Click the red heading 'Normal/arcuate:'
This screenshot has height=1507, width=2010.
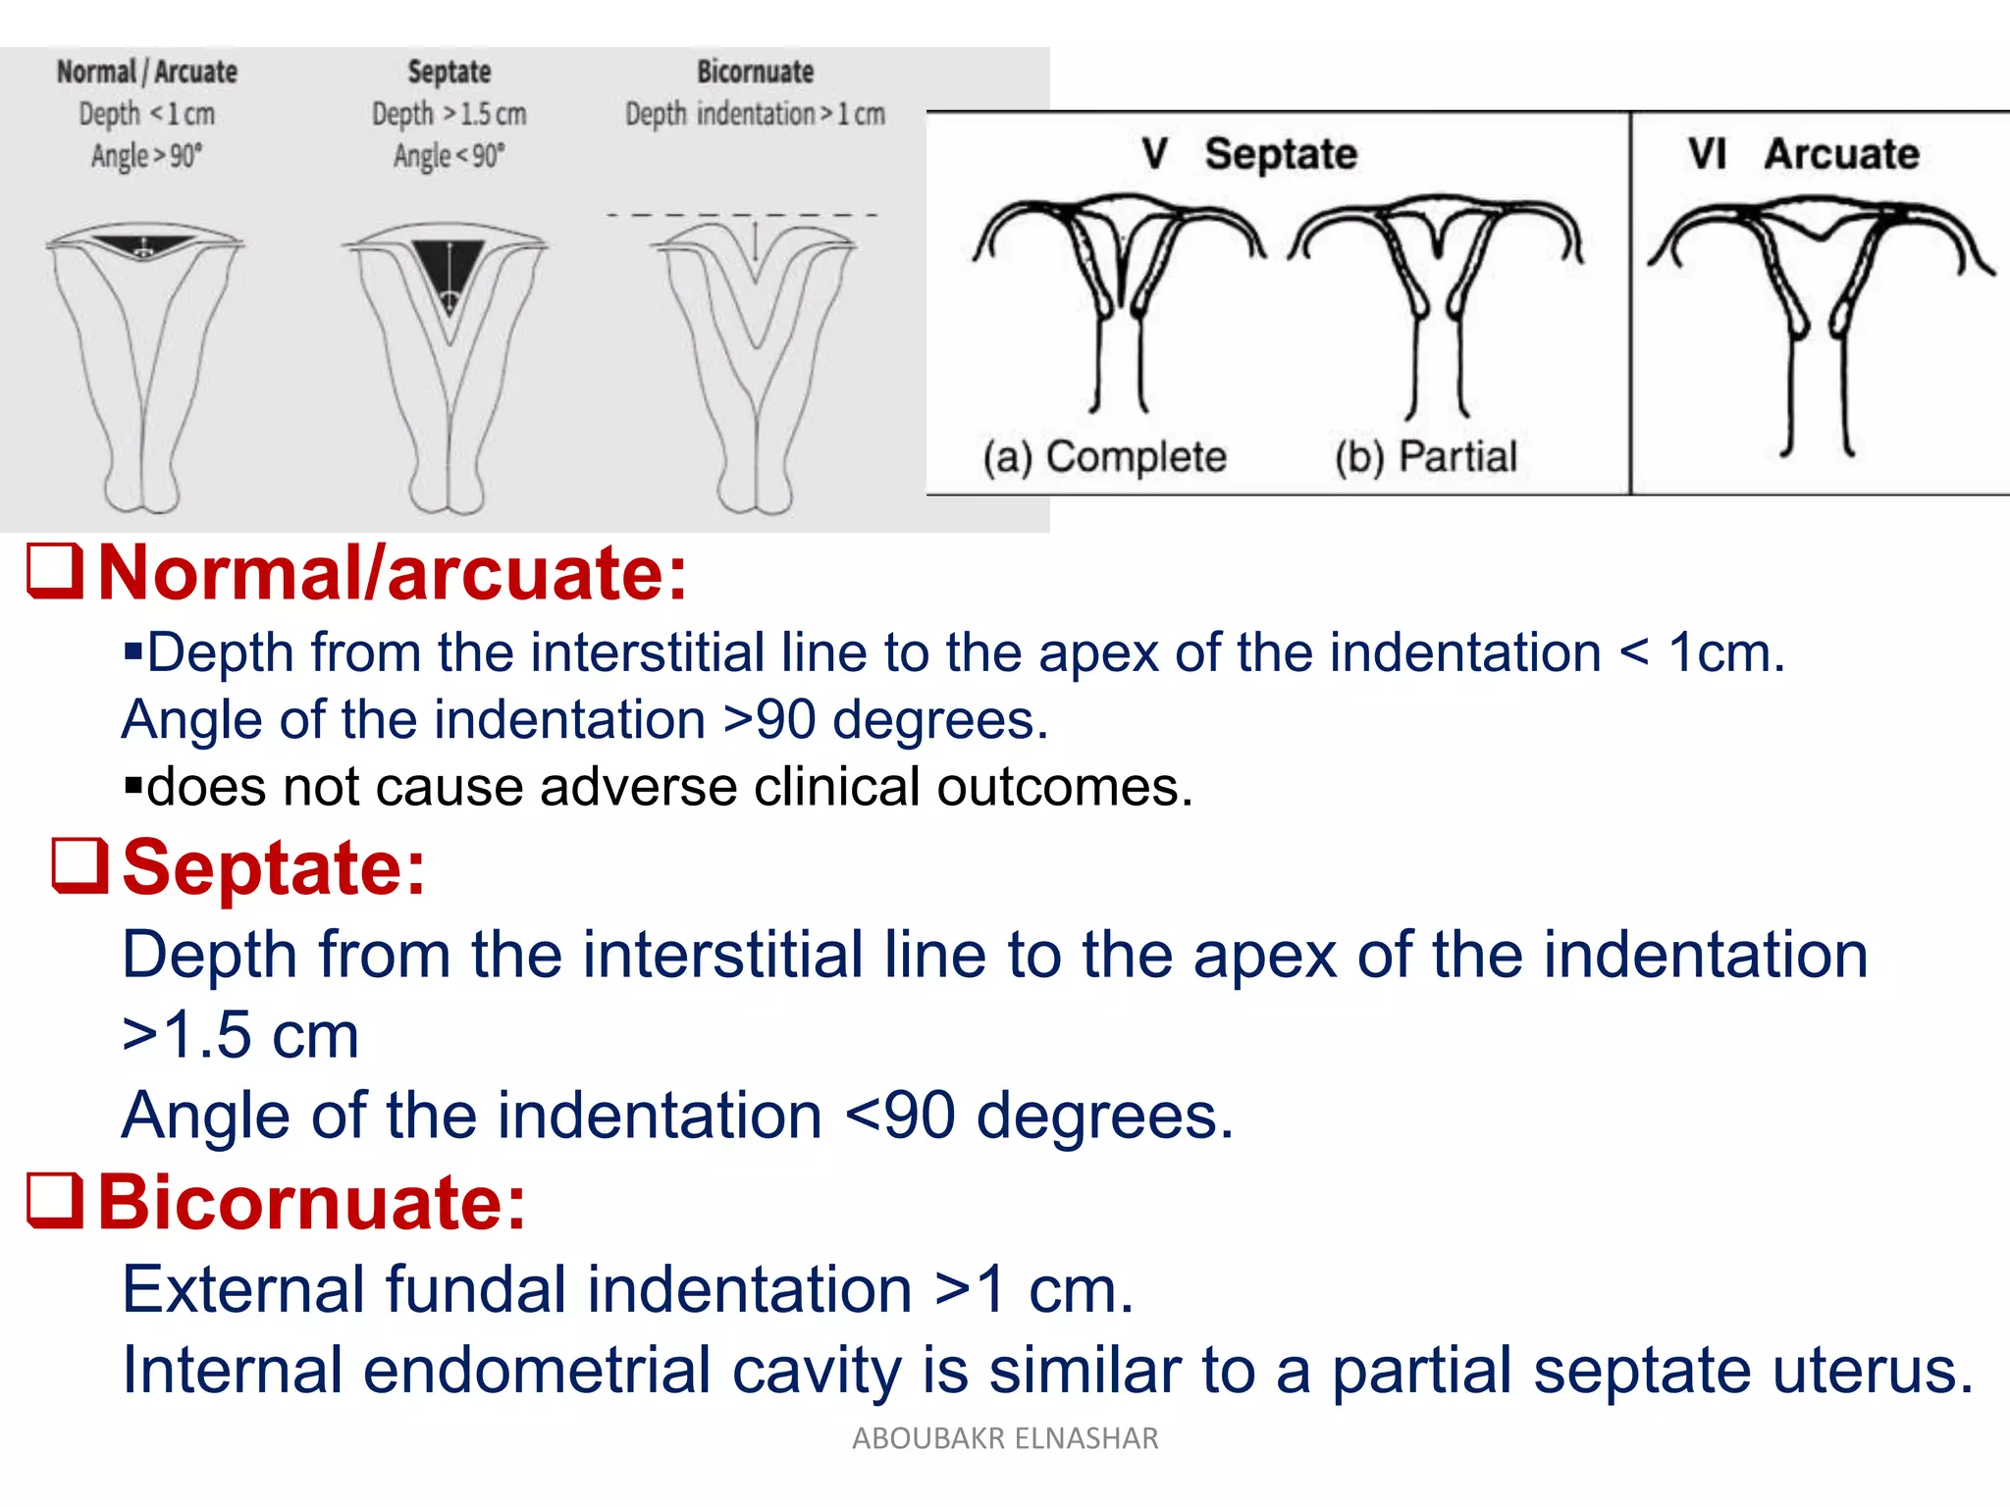(393, 574)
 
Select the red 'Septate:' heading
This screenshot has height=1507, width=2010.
(274, 868)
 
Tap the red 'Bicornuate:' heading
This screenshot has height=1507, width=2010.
(312, 1203)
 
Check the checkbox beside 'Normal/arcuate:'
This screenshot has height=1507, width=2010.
(54, 571)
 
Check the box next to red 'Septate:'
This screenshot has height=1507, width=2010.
(79, 865)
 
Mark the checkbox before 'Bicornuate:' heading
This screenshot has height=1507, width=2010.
(54, 1201)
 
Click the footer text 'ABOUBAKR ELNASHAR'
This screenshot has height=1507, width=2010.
(1005, 1438)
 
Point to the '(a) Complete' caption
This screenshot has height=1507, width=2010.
(1104, 457)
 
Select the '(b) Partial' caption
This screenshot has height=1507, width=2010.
(1425, 457)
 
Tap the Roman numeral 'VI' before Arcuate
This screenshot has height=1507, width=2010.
(1707, 154)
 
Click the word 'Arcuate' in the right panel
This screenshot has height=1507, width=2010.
(1841, 154)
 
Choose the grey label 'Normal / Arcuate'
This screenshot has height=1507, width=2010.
(147, 72)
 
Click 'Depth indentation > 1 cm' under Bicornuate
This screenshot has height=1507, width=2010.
(755, 115)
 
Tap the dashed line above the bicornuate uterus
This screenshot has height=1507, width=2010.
(742, 215)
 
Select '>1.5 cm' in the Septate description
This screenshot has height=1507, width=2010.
(240, 1035)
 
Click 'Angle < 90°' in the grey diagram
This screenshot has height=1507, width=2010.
(449, 156)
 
